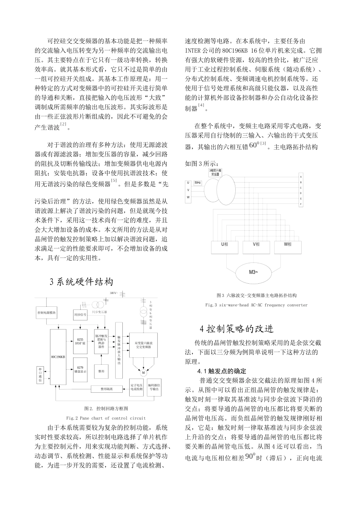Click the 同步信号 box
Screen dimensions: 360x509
click(80, 314)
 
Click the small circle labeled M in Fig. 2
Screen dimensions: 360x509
click(143, 372)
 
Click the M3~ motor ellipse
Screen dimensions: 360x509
click(254, 272)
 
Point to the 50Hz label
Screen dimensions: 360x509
click(198, 183)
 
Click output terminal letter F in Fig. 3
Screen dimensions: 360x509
click(301, 204)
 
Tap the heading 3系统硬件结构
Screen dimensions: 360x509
click(81, 282)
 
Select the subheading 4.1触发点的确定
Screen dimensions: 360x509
click(222, 371)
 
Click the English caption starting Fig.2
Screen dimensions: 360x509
click(106, 418)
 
